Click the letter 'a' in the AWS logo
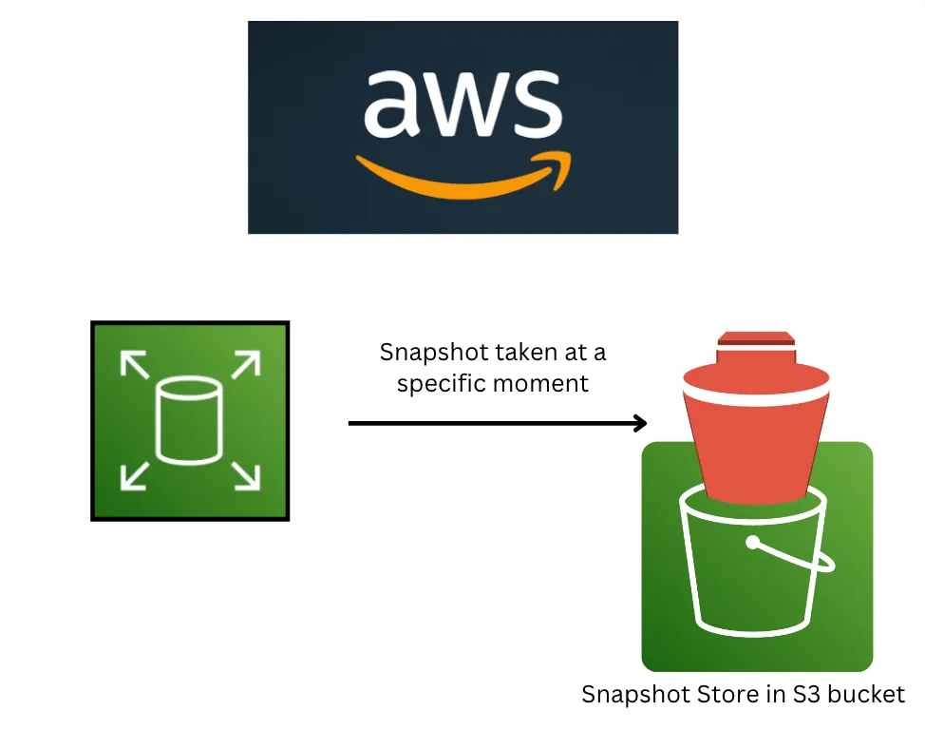tap(391, 103)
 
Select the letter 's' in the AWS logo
tap(534, 103)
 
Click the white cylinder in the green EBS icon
tap(188, 419)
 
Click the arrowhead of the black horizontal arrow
tap(639, 423)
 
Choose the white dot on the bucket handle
tap(754, 544)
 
